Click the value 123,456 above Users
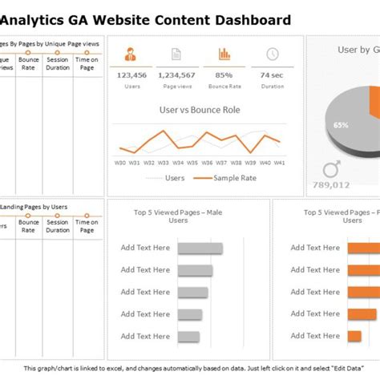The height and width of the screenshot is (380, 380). click(131, 75)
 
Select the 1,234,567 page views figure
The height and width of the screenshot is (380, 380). click(178, 75)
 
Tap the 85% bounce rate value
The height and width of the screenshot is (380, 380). click(224, 75)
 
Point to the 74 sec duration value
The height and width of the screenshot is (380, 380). click(272, 75)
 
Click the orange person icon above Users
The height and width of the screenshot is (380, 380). click(131, 55)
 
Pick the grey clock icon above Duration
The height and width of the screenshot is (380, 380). click(272, 55)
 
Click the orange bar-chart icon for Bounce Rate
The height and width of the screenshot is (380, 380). click(224, 55)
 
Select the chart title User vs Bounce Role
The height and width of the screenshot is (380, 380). click(200, 110)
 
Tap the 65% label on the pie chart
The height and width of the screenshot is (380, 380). click(341, 125)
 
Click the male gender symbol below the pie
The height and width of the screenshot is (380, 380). click(330, 169)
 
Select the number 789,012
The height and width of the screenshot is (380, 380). click(330, 185)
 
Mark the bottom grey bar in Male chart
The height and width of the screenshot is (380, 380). click(188, 336)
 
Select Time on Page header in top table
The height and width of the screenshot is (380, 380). click(87, 64)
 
